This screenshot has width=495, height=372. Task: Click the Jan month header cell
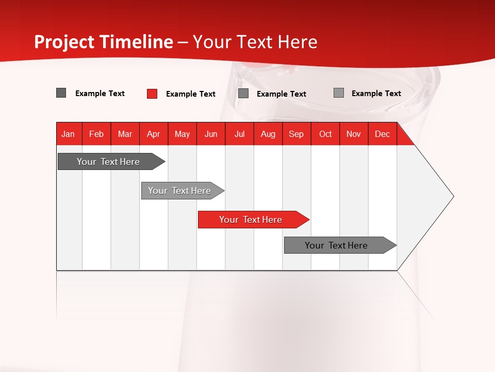click(x=69, y=134)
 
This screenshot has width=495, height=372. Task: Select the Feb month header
click(x=96, y=134)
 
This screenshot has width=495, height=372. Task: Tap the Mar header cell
click(x=125, y=134)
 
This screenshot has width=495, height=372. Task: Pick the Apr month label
click(x=154, y=134)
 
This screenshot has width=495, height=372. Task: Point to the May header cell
click(x=182, y=134)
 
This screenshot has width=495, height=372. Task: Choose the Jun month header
click(x=211, y=134)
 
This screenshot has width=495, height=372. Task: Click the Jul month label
click(x=239, y=134)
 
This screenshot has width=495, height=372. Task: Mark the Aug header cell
click(x=268, y=134)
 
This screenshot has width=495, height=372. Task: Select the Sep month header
click(x=296, y=134)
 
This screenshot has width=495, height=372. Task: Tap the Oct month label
click(x=325, y=134)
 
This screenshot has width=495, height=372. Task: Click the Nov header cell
click(x=354, y=134)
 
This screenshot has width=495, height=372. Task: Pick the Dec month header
click(x=383, y=134)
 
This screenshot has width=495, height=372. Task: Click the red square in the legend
click(x=152, y=94)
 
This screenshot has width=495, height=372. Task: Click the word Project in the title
click(x=64, y=42)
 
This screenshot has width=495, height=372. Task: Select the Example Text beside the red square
click(x=191, y=94)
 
